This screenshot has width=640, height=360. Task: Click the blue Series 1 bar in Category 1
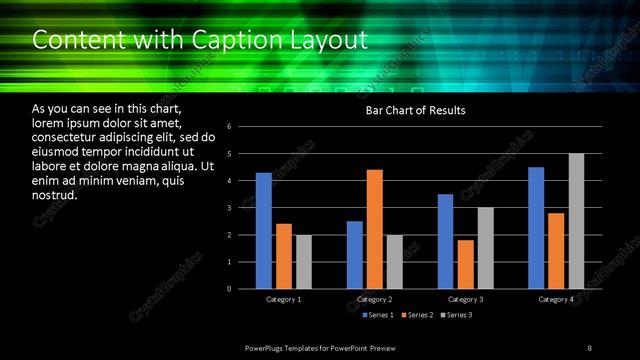[263, 231]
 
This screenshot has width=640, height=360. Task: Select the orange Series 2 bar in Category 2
[374, 229]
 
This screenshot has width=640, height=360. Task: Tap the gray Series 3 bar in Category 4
[576, 221]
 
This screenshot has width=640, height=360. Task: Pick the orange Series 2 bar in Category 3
[465, 264]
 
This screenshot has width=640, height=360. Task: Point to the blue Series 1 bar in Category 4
[536, 228]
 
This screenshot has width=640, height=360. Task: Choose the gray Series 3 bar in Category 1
[304, 262]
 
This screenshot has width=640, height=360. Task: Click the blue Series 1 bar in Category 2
[354, 255]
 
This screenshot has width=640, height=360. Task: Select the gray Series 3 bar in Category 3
[485, 248]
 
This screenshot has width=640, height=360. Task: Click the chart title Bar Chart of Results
[415, 110]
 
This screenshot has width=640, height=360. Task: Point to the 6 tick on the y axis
[230, 127]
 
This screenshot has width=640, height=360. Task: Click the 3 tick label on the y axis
[230, 208]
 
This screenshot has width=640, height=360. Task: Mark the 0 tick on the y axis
[230, 289]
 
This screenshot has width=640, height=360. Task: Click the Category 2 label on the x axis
[374, 300]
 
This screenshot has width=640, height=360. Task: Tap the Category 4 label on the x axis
[556, 300]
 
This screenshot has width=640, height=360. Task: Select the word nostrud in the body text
[54, 195]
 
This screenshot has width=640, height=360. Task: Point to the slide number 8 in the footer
[589, 347]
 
